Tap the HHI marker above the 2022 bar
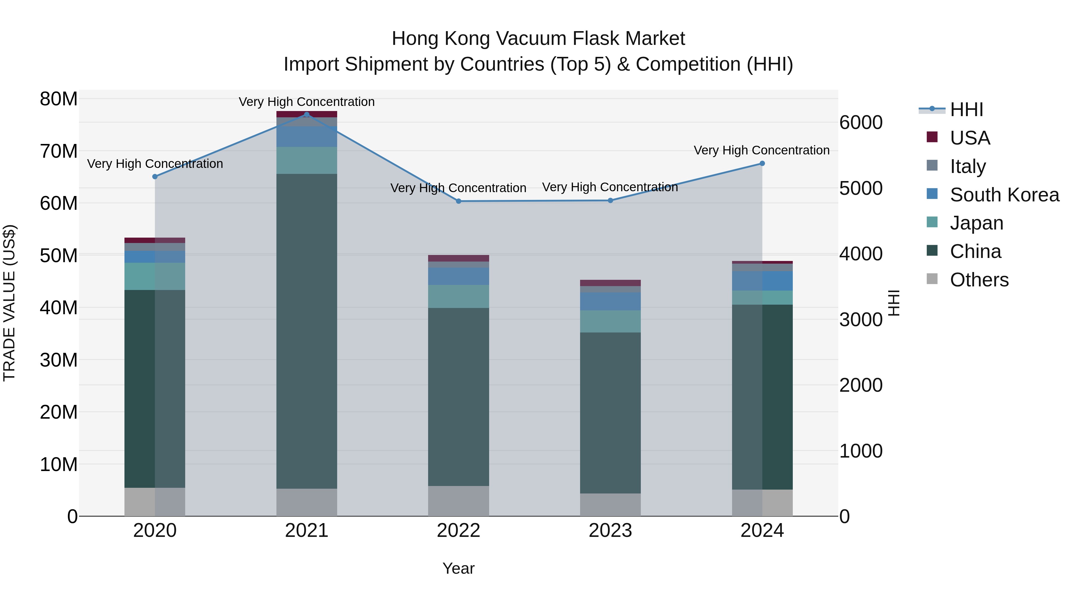point(458,201)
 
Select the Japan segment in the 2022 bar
point(458,297)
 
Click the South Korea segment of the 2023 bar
point(610,301)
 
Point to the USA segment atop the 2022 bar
point(458,258)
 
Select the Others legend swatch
point(932,279)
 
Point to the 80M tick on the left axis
point(59,99)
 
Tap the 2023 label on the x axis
point(610,531)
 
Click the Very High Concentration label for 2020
point(155,163)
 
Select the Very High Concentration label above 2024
point(761,150)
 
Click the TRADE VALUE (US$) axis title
point(9,303)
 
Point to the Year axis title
point(458,568)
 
